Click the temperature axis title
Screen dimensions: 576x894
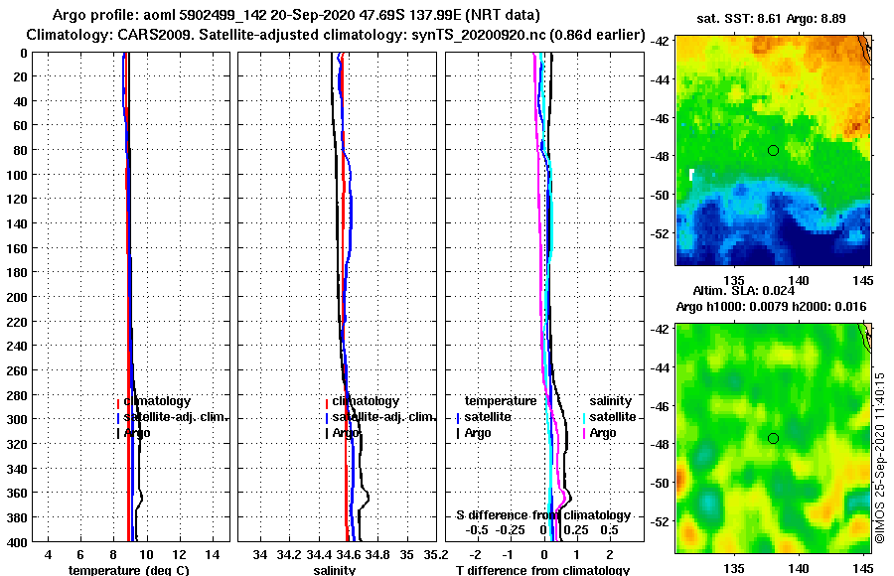(128, 570)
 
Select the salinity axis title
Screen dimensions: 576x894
(335, 570)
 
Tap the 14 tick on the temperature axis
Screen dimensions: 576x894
(212, 553)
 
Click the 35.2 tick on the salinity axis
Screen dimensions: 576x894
(433, 553)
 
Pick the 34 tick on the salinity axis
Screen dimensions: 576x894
(261, 553)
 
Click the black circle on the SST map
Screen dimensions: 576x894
(773, 150)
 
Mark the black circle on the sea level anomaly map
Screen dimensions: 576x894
(773, 438)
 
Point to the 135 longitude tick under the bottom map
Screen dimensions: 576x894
(735, 568)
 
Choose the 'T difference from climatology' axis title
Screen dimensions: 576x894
(542, 570)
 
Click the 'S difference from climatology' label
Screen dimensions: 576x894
(543, 515)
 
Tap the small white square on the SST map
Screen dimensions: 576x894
(691, 175)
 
